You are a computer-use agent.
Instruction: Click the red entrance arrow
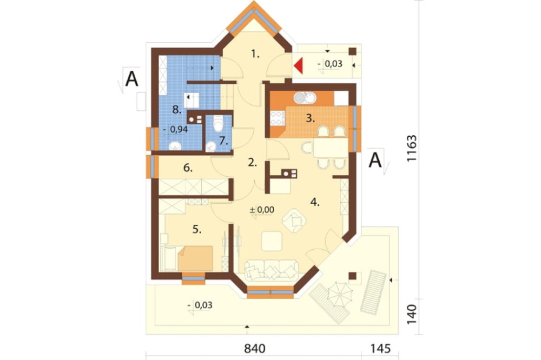(x=299, y=65)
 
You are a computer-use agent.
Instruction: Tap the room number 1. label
(x=255, y=54)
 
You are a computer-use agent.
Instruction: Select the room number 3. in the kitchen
(x=310, y=118)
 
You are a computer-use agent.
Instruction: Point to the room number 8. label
(x=177, y=110)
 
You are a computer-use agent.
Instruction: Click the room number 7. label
(x=224, y=141)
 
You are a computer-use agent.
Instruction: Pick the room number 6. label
(x=188, y=168)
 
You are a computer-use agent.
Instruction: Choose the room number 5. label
(x=197, y=229)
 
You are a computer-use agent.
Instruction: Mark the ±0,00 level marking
(x=262, y=210)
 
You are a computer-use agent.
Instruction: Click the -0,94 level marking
(x=175, y=129)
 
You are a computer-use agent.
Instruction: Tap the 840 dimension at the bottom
(x=255, y=349)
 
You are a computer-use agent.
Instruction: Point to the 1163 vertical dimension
(x=412, y=148)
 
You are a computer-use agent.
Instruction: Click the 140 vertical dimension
(x=412, y=314)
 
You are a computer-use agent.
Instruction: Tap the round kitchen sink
(x=305, y=98)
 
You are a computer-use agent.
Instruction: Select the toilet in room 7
(x=218, y=123)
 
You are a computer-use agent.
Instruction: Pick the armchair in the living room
(x=294, y=221)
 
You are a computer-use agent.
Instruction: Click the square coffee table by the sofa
(x=272, y=241)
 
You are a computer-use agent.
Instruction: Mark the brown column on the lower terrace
(x=352, y=276)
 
